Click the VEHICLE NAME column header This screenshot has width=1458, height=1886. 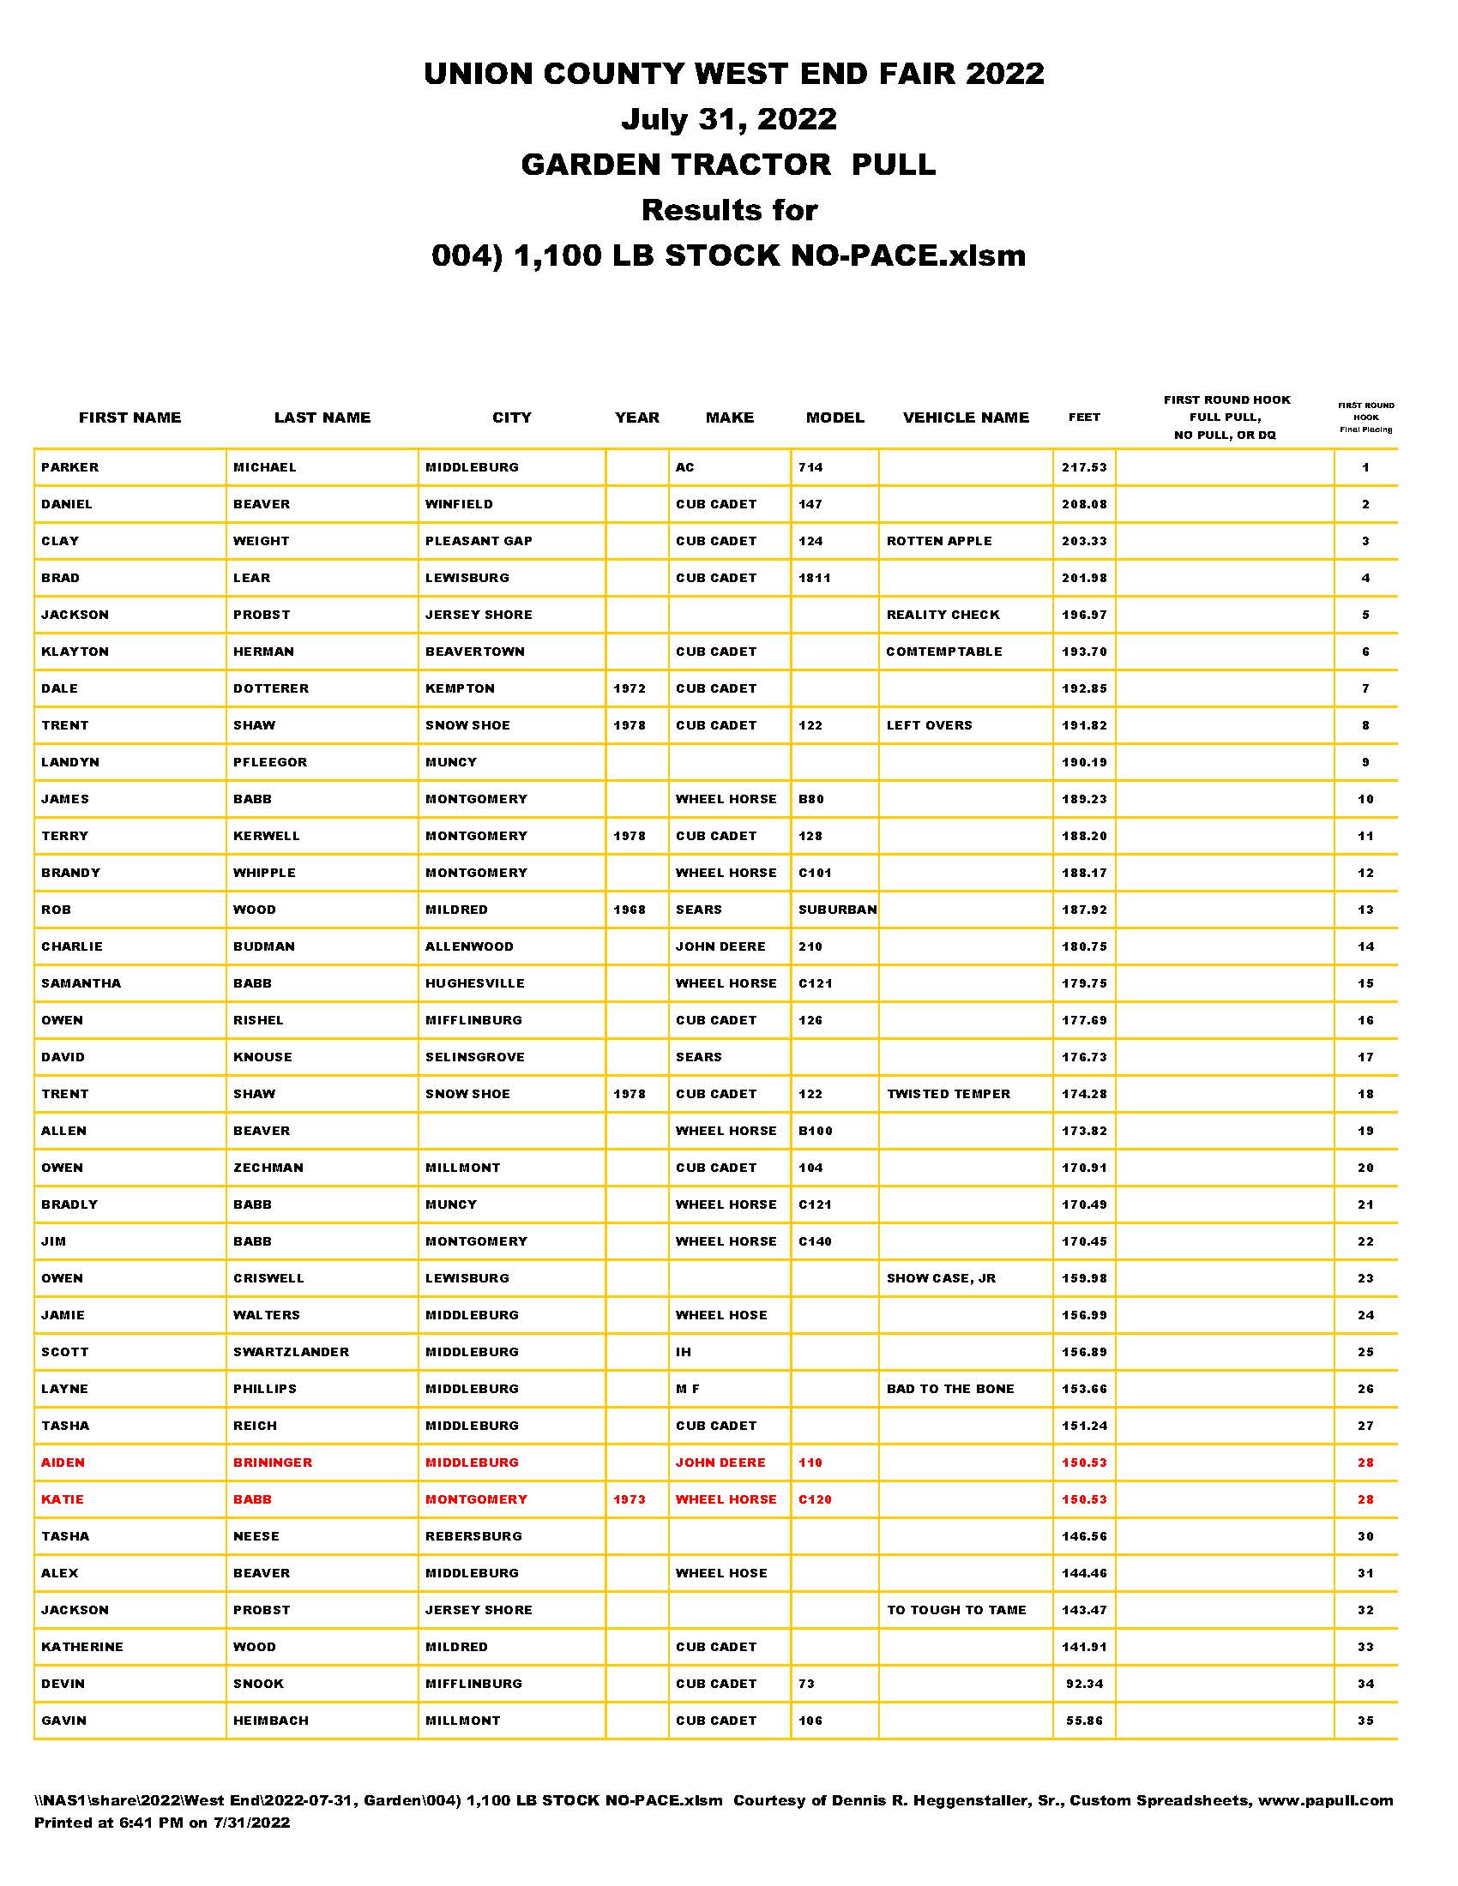[x=966, y=418]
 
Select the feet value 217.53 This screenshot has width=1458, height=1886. [x=1084, y=467]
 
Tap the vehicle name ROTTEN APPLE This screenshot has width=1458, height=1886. [x=939, y=542]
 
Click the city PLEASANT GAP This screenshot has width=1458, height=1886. [x=479, y=542]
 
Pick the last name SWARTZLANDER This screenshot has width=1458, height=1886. [x=291, y=1352]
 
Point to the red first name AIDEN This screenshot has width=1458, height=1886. [x=63, y=1463]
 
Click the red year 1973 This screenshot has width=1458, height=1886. [x=630, y=1500]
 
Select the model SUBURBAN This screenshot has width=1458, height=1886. [x=837, y=910]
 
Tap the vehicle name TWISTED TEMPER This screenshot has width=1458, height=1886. [x=948, y=1094]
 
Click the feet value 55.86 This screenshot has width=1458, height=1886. [x=1084, y=1721]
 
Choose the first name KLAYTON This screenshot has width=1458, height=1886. [x=75, y=652]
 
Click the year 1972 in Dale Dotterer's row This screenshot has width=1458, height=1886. [x=630, y=689]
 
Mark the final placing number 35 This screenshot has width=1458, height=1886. [x=1365, y=1721]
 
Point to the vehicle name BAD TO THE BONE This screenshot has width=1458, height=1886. [x=950, y=1390]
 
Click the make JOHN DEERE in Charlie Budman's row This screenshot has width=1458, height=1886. [x=720, y=946]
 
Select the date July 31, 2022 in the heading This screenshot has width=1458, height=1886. [x=729, y=119]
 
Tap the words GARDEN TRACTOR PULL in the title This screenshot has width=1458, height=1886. [x=728, y=164]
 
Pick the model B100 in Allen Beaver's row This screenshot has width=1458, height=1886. [x=816, y=1132]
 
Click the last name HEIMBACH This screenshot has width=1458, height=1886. [x=270, y=1721]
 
